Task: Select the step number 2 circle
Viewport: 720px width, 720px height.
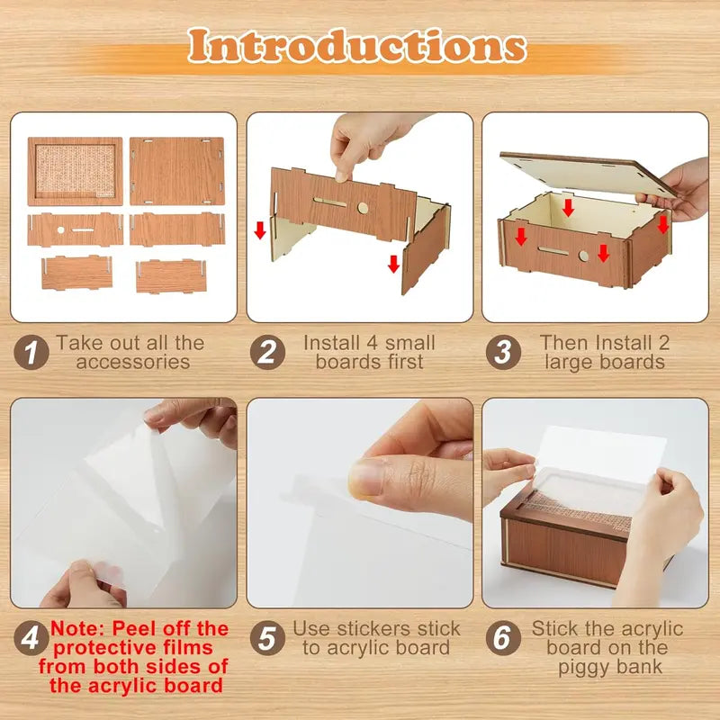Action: click(x=266, y=352)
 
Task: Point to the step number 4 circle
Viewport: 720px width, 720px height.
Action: click(x=31, y=639)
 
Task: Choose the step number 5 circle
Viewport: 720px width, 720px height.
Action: click(x=266, y=639)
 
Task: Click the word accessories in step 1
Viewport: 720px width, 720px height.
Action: click(x=132, y=363)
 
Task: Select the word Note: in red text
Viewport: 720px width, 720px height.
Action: click(x=80, y=629)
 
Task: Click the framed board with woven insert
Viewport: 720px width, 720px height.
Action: click(x=75, y=171)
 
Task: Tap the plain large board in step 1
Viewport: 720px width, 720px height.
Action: click(x=176, y=171)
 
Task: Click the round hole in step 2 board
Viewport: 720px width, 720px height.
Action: click(x=363, y=208)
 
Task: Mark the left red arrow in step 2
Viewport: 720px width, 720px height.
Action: click(x=260, y=230)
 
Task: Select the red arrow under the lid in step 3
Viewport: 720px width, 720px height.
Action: click(x=568, y=208)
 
